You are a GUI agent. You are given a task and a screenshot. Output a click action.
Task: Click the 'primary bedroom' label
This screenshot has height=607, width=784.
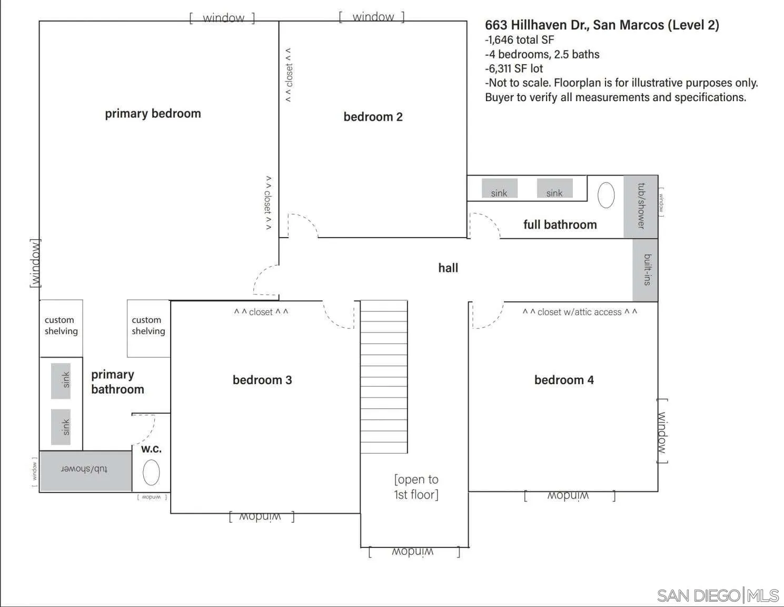153,114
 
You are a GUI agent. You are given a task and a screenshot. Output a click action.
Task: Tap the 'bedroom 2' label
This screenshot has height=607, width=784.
373,117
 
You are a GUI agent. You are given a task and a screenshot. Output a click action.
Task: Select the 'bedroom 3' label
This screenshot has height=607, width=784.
262,380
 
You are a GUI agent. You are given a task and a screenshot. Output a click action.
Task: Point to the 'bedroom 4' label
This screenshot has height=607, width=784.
564,380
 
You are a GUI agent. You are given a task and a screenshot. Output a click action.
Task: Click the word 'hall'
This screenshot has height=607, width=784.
448,268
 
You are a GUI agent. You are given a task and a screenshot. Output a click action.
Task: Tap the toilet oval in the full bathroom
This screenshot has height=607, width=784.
606,195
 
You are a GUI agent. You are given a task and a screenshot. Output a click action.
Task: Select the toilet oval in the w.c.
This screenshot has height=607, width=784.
151,472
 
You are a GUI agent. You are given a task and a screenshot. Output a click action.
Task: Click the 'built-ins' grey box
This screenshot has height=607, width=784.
646,270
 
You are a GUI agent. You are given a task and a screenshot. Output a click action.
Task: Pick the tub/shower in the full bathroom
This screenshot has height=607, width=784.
641,206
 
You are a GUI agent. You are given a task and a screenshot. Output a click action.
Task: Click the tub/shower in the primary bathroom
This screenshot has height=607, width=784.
85,469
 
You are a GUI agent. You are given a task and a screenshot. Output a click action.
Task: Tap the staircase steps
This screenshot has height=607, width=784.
384,377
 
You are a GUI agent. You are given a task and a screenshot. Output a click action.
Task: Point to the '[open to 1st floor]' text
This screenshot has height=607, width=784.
416,487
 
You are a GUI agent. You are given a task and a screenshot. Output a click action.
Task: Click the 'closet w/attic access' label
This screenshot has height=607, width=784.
579,312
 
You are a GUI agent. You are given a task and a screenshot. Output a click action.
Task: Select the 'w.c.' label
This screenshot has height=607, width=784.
151,449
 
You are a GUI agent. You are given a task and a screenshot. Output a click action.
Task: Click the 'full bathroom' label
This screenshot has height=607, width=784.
560,225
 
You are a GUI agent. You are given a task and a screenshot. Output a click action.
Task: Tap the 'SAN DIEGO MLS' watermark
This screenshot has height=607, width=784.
718,595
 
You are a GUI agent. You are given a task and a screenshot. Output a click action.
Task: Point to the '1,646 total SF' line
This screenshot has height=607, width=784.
520,40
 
